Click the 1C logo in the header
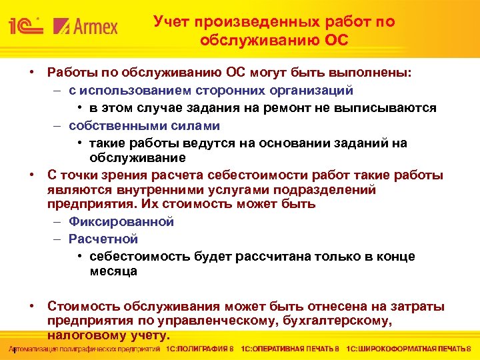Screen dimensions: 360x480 pyautogui.click(x=25, y=27)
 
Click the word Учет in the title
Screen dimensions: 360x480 pyautogui.click(x=171, y=21)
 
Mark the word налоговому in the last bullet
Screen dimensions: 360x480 pyautogui.click(x=85, y=335)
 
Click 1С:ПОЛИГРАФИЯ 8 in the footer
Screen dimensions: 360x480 pyautogui.click(x=200, y=349)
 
